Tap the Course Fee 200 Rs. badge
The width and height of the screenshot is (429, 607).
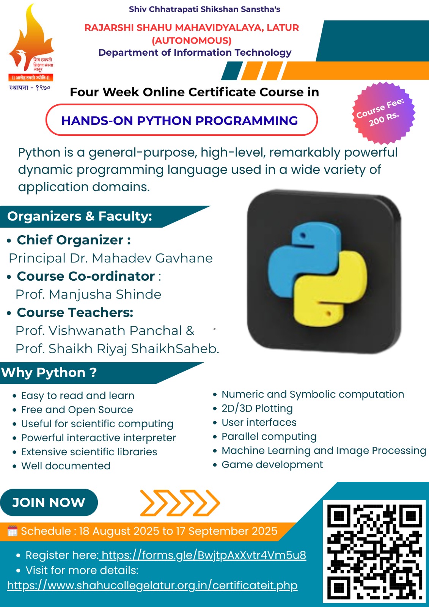(x=383, y=113)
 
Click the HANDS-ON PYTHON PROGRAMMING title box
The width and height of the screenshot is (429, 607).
(x=182, y=120)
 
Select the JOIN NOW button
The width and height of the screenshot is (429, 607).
(x=49, y=502)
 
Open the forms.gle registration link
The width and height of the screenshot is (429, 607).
(x=203, y=555)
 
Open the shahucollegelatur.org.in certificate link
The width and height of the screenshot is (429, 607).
(x=152, y=585)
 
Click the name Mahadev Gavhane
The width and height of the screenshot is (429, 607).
(x=152, y=258)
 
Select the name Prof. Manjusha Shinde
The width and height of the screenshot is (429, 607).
(x=88, y=294)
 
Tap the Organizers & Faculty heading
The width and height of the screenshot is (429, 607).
(x=79, y=216)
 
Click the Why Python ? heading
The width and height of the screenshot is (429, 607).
(x=49, y=372)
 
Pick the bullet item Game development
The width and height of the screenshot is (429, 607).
(x=272, y=464)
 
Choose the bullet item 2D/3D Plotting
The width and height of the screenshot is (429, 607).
(x=257, y=408)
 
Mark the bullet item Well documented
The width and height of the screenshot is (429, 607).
(x=66, y=465)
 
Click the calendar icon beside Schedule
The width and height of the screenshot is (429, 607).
(x=12, y=531)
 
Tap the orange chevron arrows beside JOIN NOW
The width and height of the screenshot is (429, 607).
(x=180, y=503)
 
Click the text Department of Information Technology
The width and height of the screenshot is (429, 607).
(x=195, y=53)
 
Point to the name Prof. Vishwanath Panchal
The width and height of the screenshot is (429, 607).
(x=99, y=330)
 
